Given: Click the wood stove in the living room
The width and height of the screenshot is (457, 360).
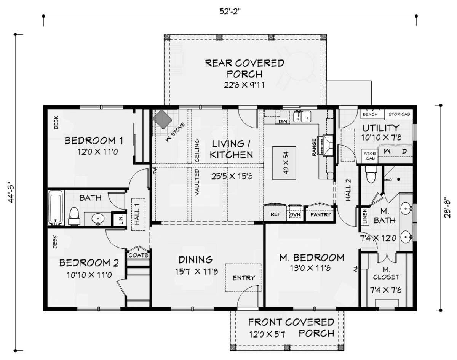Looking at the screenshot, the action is (162, 119).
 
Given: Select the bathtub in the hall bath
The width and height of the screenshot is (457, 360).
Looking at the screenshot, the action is (56, 208).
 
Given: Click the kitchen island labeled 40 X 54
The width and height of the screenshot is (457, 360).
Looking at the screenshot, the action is (284, 163).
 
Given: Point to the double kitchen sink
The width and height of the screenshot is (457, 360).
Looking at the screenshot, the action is (302, 116).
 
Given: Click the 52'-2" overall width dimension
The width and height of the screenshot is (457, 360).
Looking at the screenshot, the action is (230, 11).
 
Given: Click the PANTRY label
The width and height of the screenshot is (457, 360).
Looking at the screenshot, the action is (320, 214).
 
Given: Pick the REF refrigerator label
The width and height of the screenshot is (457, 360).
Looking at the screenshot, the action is (275, 214).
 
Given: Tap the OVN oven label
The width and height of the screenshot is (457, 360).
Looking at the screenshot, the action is (295, 214).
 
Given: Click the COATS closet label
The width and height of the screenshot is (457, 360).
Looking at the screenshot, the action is (138, 255).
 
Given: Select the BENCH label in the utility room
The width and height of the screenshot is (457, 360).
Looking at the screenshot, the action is (370, 114).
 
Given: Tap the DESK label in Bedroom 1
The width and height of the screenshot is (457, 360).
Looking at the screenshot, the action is (56, 122).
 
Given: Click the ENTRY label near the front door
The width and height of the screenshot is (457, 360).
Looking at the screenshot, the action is (244, 278).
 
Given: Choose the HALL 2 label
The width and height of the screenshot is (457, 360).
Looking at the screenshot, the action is (348, 190).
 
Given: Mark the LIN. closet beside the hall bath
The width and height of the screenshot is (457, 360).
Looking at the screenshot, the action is (120, 219).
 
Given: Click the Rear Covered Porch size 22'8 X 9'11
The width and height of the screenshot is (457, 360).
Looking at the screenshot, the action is (244, 85).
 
